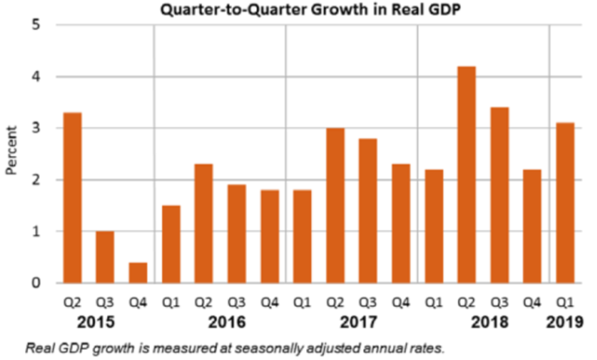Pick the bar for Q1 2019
click(x=565, y=202)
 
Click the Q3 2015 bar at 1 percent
click(x=105, y=256)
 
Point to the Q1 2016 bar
click(x=171, y=244)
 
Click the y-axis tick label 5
click(x=36, y=25)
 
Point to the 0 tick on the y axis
click(x=36, y=284)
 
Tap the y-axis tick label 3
click(x=36, y=129)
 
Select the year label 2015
click(x=104, y=321)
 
